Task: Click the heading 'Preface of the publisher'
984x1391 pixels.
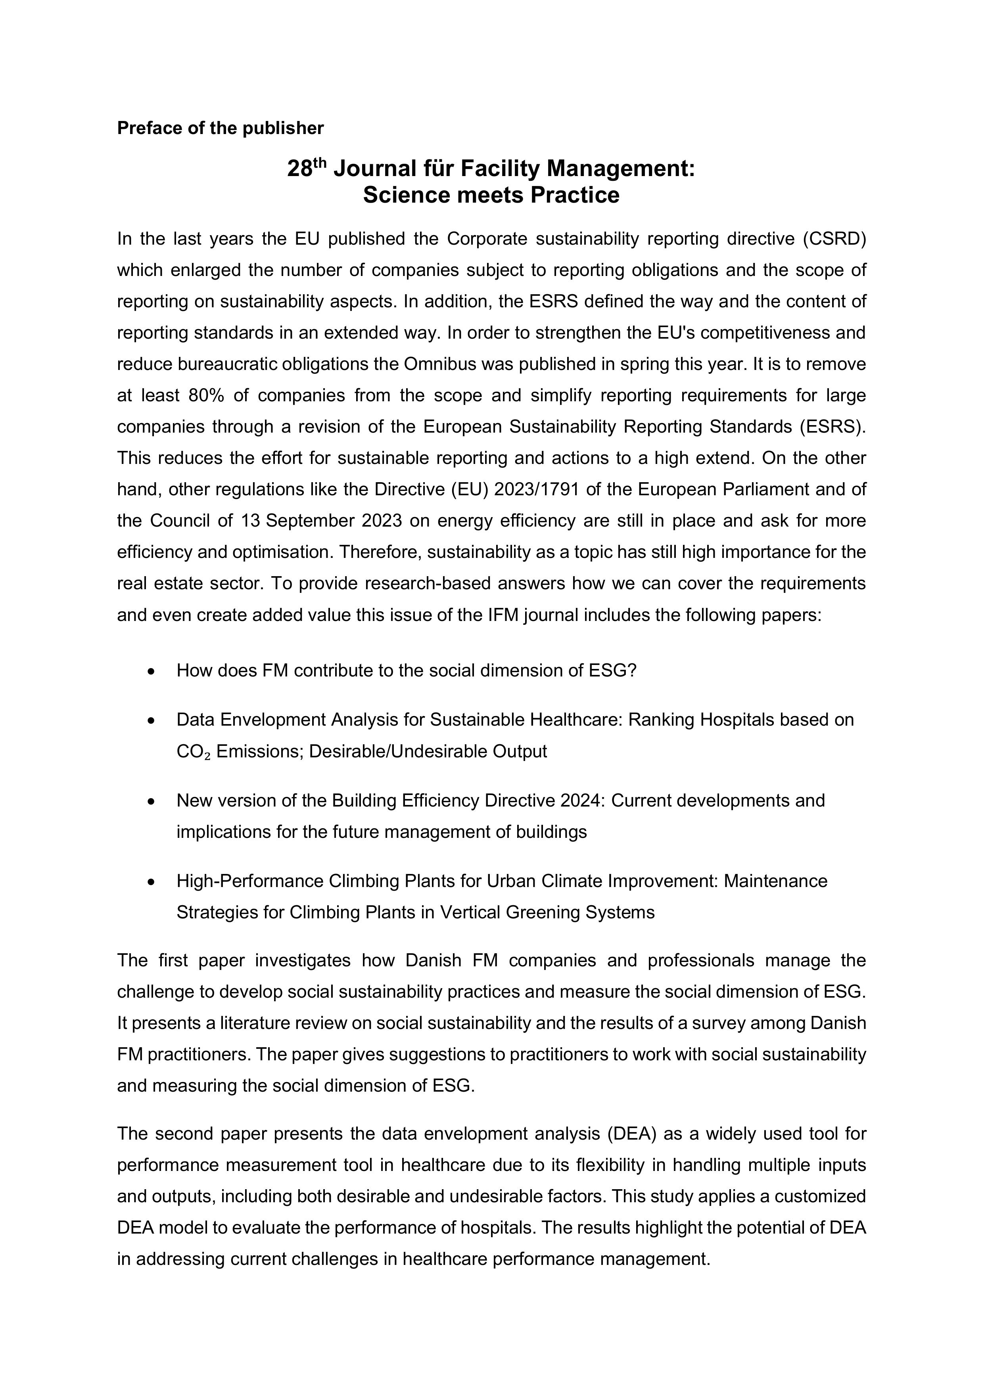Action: tap(220, 128)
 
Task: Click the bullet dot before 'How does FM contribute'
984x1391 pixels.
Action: tap(152, 671)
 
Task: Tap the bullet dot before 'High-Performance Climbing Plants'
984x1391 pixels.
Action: tap(152, 881)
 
